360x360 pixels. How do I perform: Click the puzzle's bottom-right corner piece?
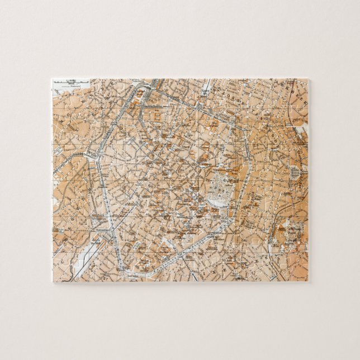click(300, 273)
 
